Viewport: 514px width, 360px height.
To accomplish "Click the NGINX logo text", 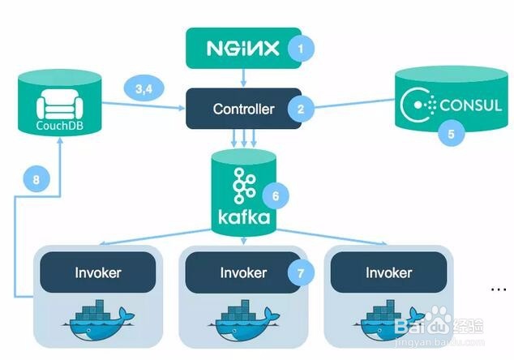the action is (x=243, y=49).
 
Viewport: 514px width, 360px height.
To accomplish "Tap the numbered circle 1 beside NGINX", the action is (x=301, y=49).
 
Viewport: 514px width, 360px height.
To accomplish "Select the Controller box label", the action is (x=243, y=109).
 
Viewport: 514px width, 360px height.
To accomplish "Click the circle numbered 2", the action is (x=301, y=109).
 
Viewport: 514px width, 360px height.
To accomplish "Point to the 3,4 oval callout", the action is (x=144, y=88).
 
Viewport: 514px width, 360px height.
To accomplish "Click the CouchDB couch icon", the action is (x=59, y=104).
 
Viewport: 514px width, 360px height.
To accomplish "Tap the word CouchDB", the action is (x=59, y=126).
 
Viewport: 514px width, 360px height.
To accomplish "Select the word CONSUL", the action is (x=471, y=105).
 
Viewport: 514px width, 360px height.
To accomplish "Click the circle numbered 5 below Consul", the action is (x=452, y=134).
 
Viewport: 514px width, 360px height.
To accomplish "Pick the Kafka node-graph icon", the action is (x=244, y=186).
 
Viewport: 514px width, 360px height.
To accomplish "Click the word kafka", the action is (x=244, y=217).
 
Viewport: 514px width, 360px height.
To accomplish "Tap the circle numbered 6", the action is (x=276, y=196).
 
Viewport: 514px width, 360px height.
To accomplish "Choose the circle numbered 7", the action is (x=301, y=272).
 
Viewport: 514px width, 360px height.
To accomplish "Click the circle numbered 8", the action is (x=36, y=180).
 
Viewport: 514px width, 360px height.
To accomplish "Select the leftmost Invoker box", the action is (x=97, y=272).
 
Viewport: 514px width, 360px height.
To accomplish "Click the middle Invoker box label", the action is (x=243, y=272).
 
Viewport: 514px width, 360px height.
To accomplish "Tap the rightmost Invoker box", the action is (x=389, y=272).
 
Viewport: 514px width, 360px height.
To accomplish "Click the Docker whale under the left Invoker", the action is (x=98, y=320).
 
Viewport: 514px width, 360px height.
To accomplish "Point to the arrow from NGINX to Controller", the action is (x=243, y=78).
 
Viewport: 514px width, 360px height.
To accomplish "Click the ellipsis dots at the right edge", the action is (x=499, y=289).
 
